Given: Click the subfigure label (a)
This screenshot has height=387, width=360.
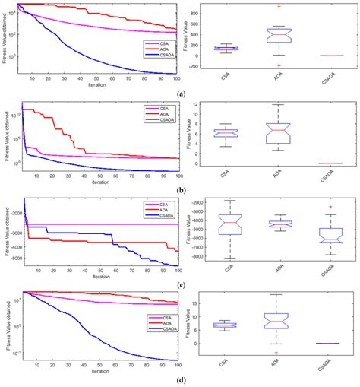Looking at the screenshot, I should pos(180,93).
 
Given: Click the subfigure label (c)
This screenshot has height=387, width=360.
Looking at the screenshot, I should pos(180,284).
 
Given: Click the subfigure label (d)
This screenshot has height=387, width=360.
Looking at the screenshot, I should pos(180,381).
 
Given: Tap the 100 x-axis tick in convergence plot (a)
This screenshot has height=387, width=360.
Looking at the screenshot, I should pos(176,78).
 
